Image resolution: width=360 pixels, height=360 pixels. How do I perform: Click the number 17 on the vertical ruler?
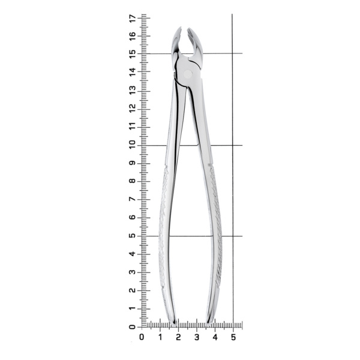click(x=132, y=18)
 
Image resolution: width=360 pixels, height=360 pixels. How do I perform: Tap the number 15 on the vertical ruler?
click(x=132, y=54)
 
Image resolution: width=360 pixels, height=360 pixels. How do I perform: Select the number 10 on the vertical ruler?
click(x=132, y=145)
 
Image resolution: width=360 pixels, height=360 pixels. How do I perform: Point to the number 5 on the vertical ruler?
click(x=132, y=236)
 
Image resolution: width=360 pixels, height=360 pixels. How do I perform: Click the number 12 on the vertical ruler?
click(x=132, y=109)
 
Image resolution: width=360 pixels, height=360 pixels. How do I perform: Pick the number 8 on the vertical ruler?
click(x=132, y=181)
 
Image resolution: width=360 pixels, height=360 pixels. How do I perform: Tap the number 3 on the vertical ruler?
click(x=132, y=272)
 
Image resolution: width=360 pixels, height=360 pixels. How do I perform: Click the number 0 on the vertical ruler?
click(x=132, y=327)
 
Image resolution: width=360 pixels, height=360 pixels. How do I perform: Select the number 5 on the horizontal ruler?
click(x=233, y=337)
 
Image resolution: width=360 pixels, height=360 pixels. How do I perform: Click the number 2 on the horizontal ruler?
click(x=178, y=337)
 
